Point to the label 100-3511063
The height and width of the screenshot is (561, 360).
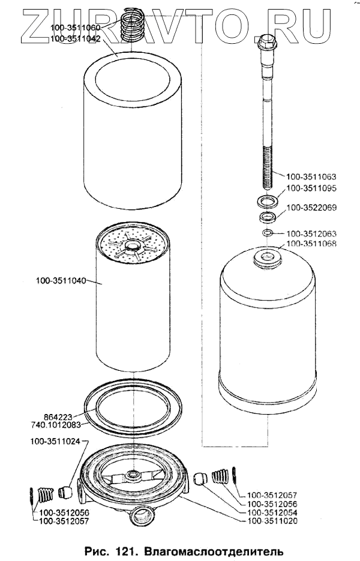coord(311,177)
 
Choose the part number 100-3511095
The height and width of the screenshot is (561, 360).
coord(311,188)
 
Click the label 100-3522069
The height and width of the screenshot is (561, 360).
coord(312,208)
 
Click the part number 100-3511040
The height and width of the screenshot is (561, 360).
coord(61,280)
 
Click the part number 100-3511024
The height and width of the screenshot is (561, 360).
coord(56,442)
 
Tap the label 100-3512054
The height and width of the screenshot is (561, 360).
coord(272,513)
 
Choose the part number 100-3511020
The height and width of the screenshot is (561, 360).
coord(272,521)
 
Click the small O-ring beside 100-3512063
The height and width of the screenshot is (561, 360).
coord(268,233)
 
